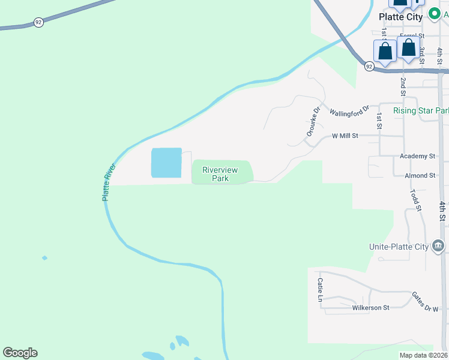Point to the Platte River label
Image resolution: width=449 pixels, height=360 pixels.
[x=107, y=182]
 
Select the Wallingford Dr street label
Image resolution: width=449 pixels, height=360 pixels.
[x=349, y=112]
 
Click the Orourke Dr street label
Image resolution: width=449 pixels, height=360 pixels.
[x=313, y=122]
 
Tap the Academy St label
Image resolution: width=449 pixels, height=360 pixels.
[x=417, y=156]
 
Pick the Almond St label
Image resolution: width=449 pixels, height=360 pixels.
[x=420, y=175]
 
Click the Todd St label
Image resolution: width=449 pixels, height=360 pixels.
[x=415, y=200]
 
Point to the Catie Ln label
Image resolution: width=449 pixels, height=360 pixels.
[x=321, y=290]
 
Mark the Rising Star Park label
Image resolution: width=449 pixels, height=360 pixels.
[x=421, y=111]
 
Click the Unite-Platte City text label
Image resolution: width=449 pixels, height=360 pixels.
[x=399, y=247]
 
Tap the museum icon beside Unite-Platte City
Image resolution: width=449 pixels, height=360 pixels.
[x=438, y=246]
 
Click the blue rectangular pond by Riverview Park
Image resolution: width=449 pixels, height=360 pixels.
[x=166, y=163]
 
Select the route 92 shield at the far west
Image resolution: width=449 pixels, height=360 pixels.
[x=38, y=22]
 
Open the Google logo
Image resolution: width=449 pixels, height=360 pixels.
[x=20, y=353]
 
